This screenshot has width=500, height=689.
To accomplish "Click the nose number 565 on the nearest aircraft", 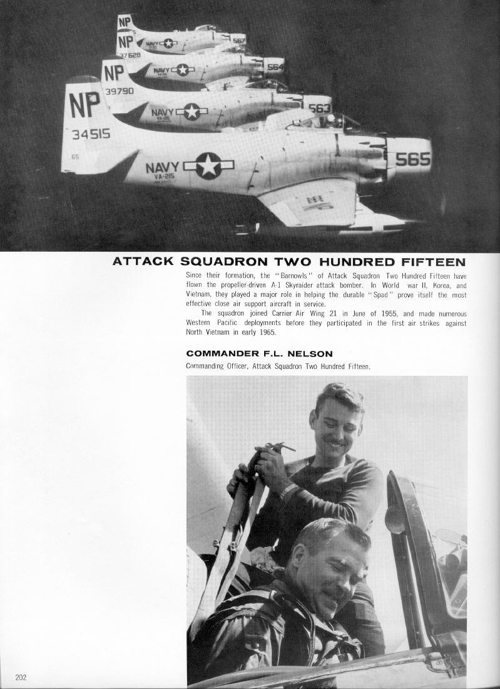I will [x=412, y=160].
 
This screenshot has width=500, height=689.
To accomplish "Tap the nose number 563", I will [x=319, y=108].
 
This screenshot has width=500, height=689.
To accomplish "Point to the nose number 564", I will [x=275, y=67].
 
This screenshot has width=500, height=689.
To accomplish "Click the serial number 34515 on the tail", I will [x=91, y=134].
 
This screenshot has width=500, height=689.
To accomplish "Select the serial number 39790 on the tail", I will [x=120, y=91].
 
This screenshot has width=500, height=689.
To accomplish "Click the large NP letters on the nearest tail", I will [x=86, y=105].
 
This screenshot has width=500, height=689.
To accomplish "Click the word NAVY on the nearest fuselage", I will [x=162, y=168].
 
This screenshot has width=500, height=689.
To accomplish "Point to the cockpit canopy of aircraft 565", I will [x=322, y=122].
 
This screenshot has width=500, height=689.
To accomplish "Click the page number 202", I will [x=21, y=677].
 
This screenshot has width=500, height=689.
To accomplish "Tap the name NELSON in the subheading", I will [x=309, y=354].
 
